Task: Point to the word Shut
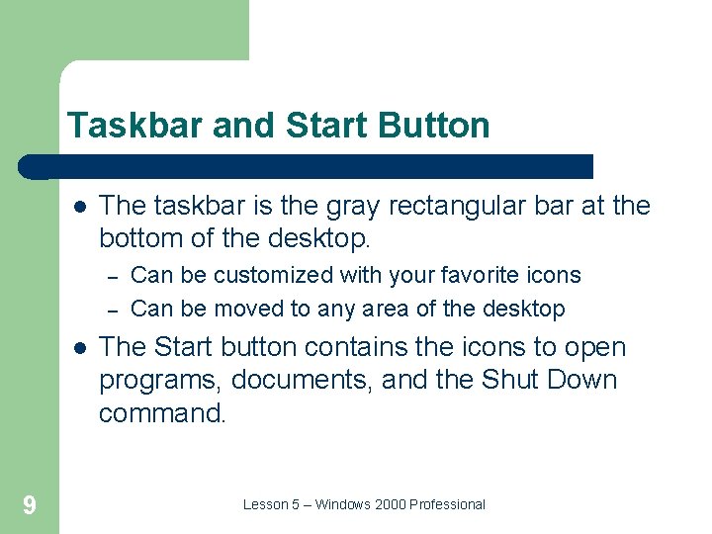click(509, 381)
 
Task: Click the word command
click(162, 413)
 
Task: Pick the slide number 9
click(30, 506)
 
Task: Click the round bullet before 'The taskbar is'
click(78, 206)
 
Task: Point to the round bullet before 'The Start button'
click(78, 348)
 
